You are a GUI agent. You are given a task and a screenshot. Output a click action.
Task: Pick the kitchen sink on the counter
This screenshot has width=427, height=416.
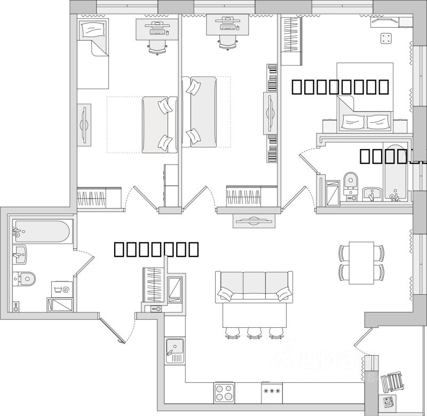pos(175,350)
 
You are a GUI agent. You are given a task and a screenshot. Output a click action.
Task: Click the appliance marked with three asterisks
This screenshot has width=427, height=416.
pos(272,392)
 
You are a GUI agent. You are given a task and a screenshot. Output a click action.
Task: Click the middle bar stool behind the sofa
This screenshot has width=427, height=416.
pos(254,333)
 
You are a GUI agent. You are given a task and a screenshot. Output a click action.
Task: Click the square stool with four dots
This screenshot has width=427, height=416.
pos(385,38)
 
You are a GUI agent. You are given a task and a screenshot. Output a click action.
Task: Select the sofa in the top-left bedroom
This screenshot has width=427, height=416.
pos(160,124)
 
